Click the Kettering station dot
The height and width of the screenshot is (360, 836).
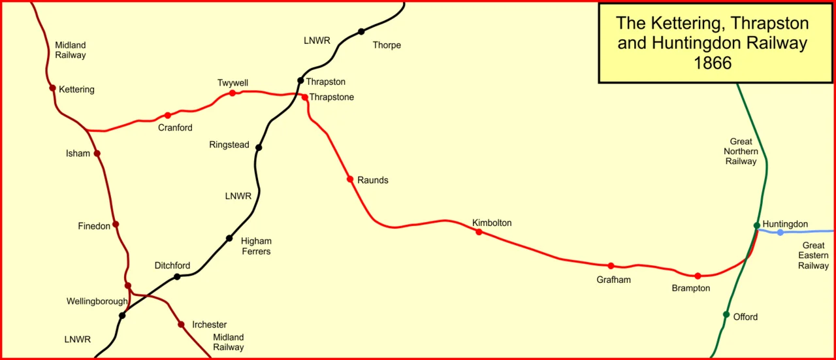pyautogui.click(x=52, y=88)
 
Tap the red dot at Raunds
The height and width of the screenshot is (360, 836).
pyautogui.click(x=350, y=179)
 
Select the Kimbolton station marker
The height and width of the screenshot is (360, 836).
pyautogui.click(x=479, y=232)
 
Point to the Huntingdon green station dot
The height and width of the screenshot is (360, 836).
pyautogui.click(x=757, y=225)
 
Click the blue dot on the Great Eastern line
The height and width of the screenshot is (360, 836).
pyautogui.click(x=780, y=233)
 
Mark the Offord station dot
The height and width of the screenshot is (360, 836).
pyautogui.click(x=726, y=314)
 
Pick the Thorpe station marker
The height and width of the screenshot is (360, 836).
pyautogui.click(x=361, y=31)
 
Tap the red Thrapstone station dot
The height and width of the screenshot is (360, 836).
pyautogui.click(x=304, y=97)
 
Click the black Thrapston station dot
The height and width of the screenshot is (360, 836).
pyautogui.click(x=301, y=81)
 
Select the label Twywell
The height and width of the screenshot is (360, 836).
pyautogui.click(x=233, y=83)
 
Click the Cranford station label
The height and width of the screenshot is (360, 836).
pyautogui.click(x=175, y=128)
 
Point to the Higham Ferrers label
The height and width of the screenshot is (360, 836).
pyautogui.click(x=256, y=246)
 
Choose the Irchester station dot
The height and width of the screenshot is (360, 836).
pyautogui.click(x=181, y=324)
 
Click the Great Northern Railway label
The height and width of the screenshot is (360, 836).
pyautogui.click(x=741, y=151)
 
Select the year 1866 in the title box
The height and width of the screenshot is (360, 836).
pyautogui.click(x=713, y=63)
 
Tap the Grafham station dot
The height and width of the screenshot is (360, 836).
pyautogui.click(x=611, y=266)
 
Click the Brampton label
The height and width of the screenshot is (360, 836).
pyautogui.click(x=690, y=288)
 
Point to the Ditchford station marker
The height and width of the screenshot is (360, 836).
pyautogui.click(x=177, y=276)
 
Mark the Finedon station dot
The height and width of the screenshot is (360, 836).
pyautogui.click(x=116, y=224)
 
